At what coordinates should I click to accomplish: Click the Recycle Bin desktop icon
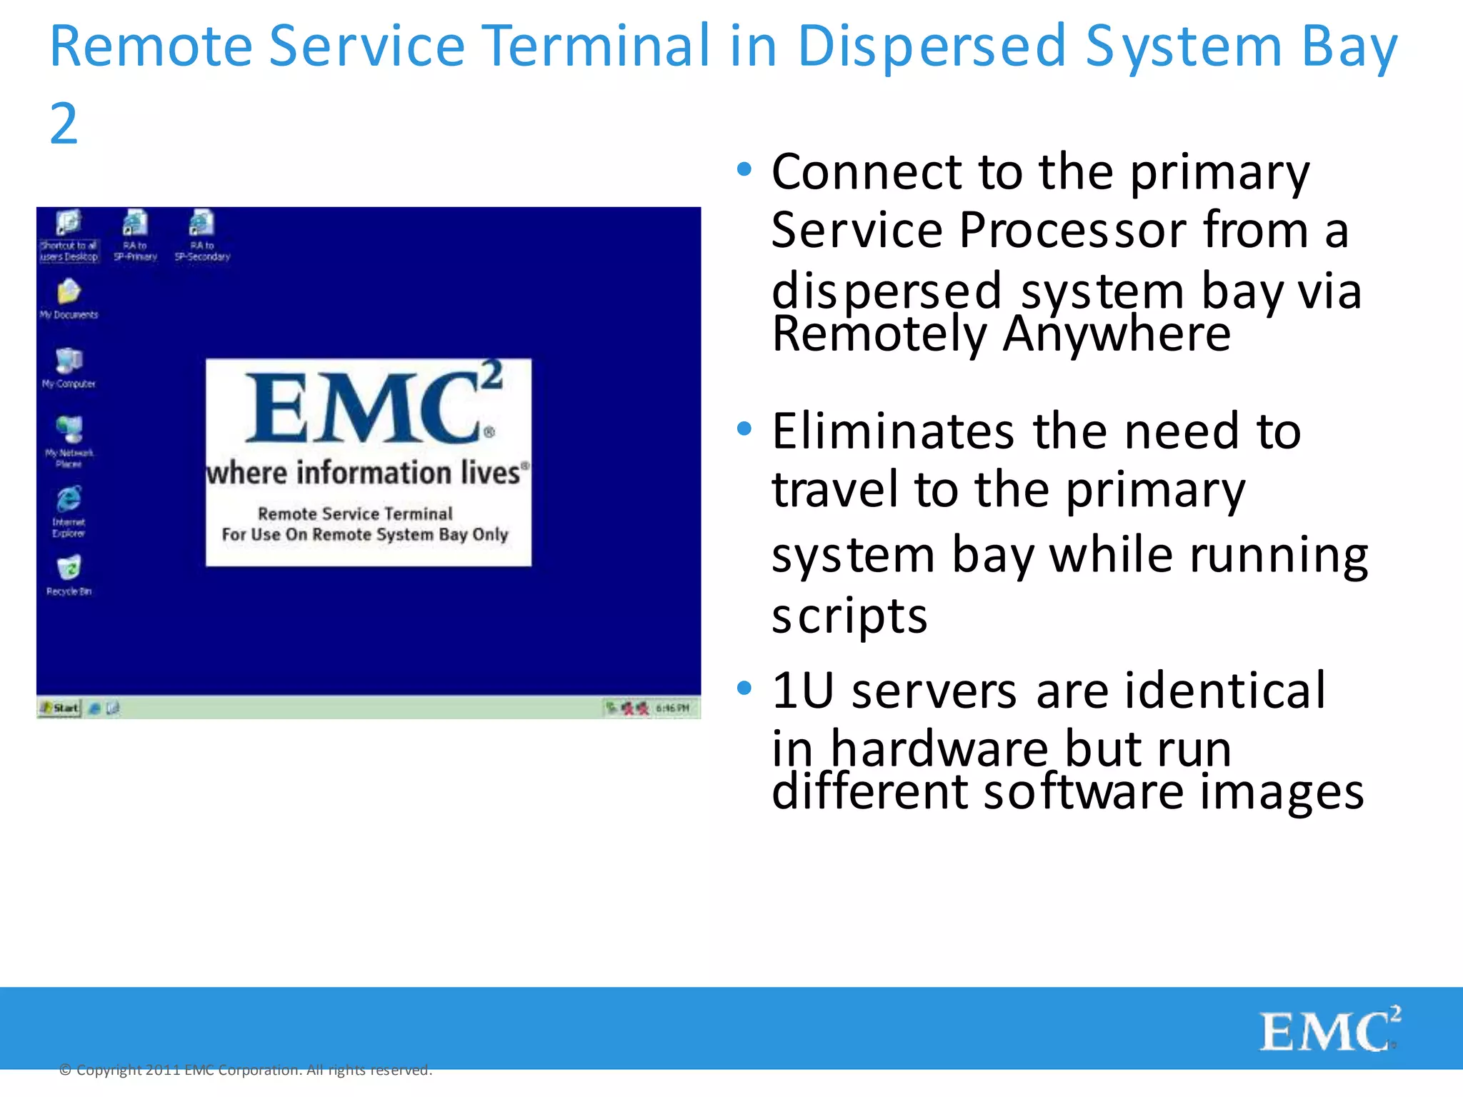69,568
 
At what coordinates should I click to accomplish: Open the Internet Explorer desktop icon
69,499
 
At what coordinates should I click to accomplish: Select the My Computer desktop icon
69,361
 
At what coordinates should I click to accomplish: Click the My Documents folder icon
69,291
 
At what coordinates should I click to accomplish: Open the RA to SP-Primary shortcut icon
135,224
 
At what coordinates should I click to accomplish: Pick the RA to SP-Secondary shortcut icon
202,224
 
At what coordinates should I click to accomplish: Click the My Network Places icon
69,430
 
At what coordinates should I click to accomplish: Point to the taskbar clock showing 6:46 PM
672,708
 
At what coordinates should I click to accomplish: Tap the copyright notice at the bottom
246,1070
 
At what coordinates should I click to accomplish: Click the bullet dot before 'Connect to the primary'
744,170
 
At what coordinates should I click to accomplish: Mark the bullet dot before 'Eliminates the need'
744,429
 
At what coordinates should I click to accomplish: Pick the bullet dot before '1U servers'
744,688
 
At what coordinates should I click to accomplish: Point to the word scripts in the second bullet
849,615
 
